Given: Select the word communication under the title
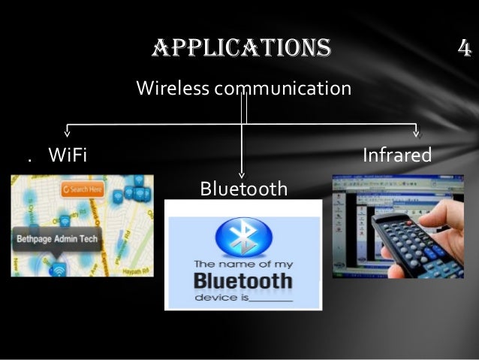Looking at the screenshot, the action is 283,89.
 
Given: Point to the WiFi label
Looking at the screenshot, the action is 68,156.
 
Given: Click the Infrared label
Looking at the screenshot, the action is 397,156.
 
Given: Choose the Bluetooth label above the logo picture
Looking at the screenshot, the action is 243,188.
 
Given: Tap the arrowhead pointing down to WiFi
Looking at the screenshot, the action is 68,134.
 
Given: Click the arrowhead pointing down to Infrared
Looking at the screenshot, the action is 418,134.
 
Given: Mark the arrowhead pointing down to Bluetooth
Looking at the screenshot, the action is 243,173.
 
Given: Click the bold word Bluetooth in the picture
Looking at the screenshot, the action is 243,282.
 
